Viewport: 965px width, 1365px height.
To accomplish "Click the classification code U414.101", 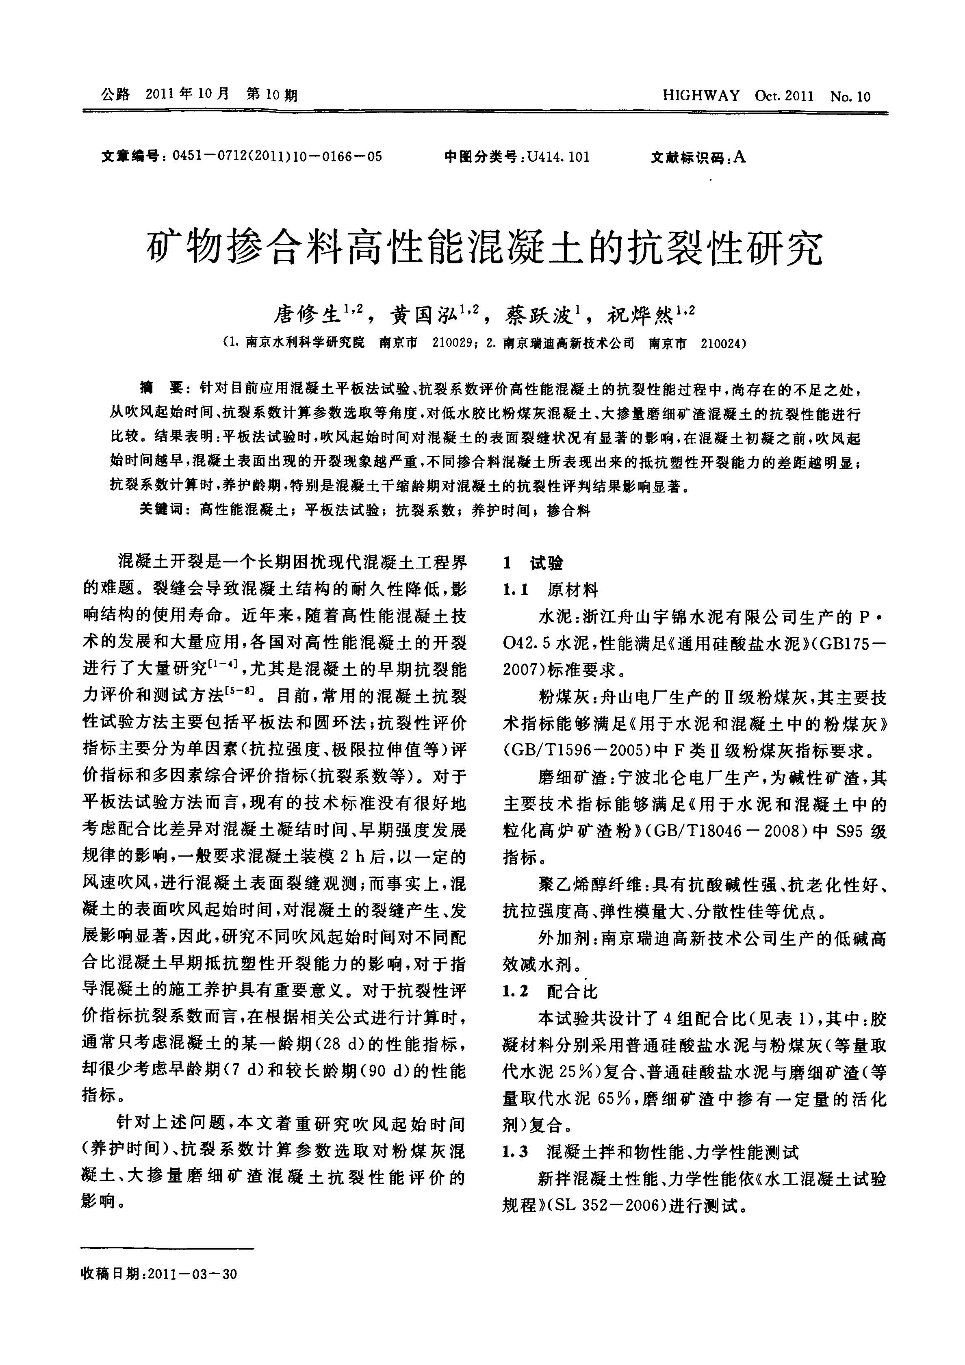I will click(558, 157).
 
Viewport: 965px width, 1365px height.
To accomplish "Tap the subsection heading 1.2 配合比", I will click(551, 991).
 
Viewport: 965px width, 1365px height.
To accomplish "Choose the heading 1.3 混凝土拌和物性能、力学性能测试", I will click(651, 1152).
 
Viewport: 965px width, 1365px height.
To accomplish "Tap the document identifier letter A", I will click(739, 156).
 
